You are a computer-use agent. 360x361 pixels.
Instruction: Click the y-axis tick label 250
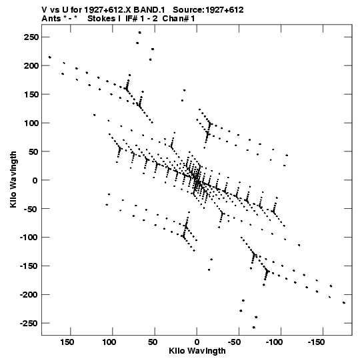[31, 37]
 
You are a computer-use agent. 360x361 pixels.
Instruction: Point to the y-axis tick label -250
[29, 324]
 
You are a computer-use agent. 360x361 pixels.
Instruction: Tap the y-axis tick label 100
[31, 123]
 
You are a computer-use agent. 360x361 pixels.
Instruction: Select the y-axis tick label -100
[29, 238]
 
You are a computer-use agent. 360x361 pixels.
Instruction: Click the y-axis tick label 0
[35, 180]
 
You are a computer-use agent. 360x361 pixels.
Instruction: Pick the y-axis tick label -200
[29, 295]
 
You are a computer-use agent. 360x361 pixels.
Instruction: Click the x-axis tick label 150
[67, 342]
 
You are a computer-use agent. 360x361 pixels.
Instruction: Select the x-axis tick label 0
[197, 342]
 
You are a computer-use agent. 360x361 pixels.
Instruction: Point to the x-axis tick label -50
[235, 342]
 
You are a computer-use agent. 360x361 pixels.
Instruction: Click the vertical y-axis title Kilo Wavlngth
[13, 179]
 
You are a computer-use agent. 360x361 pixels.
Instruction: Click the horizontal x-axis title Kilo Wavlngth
[197, 351]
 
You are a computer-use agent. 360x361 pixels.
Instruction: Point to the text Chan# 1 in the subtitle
[179, 19]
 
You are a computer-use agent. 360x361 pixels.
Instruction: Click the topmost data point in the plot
[139, 33]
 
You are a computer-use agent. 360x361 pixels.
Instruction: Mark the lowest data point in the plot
[254, 327]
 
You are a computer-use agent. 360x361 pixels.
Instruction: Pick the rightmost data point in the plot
[344, 303]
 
